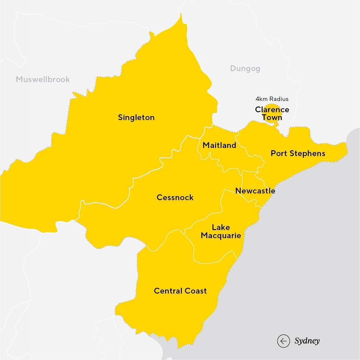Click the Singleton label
[136, 117]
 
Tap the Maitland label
[219, 145]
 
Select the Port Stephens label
[298, 153]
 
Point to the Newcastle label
[255, 191]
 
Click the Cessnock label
[175, 198]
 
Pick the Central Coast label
[180, 291]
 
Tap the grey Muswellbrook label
[43, 79]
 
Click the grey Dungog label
[245, 68]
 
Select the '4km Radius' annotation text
[272, 99]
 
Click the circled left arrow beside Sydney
[283, 341]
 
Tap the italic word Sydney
[307, 341]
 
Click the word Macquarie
[221, 235]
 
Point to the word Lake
[221, 227]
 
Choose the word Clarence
[272, 110]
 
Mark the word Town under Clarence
[272, 117]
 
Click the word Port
[279, 153]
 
